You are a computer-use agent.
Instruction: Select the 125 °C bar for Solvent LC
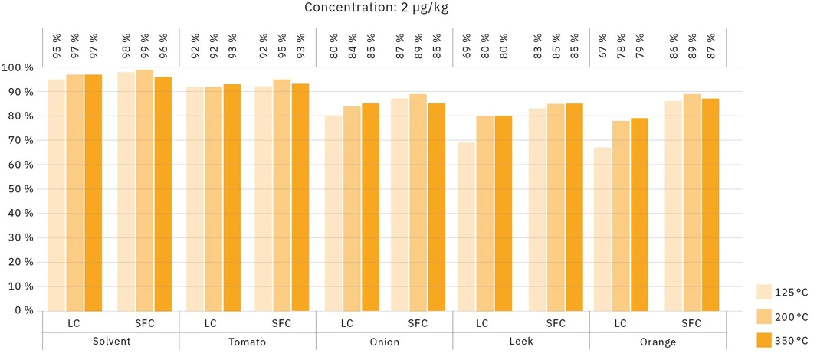pos(57,195)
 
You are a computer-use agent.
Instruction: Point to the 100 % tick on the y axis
pos(18,67)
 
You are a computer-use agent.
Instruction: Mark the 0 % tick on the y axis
pos(22,311)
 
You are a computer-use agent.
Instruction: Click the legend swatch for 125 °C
pos(764,292)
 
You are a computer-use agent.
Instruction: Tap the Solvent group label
pos(110,342)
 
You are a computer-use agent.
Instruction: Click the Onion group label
pos(384,342)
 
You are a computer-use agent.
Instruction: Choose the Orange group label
pos(657,342)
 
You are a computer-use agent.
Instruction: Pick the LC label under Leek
pos(482,323)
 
